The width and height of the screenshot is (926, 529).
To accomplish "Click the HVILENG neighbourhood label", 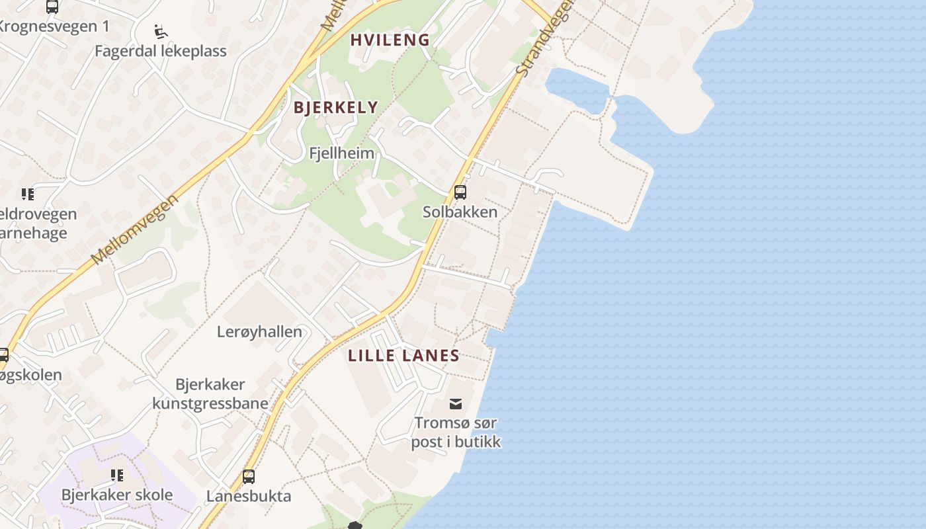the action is pyautogui.click(x=390, y=40).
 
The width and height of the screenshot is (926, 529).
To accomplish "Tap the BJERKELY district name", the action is pyautogui.click(x=335, y=107).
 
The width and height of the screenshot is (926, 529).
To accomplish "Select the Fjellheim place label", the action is pyautogui.click(x=341, y=153).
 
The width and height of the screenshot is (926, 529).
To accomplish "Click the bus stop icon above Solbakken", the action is pyautogui.click(x=460, y=192).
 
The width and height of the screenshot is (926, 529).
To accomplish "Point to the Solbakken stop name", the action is pyautogui.click(x=460, y=212).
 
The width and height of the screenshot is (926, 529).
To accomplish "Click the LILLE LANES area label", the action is pyautogui.click(x=403, y=355).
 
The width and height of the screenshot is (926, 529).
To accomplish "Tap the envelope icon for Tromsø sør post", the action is pyautogui.click(x=456, y=403).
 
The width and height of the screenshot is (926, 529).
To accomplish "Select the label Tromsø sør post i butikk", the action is pyautogui.click(x=456, y=432).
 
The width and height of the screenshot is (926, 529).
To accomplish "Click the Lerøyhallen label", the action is pyautogui.click(x=259, y=332).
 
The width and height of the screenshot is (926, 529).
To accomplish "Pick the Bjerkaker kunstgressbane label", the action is pyautogui.click(x=210, y=394).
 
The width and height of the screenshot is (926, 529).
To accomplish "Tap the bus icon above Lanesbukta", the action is pyautogui.click(x=249, y=476).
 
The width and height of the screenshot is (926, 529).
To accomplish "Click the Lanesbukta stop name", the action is pyautogui.click(x=249, y=496).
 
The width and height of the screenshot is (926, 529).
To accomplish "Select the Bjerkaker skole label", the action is pyautogui.click(x=117, y=495).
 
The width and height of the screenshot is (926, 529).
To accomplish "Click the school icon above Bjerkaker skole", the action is pyautogui.click(x=117, y=475).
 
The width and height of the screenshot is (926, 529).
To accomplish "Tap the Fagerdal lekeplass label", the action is pyautogui.click(x=160, y=51).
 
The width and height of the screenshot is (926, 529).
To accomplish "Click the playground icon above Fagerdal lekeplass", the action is pyautogui.click(x=161, y=31).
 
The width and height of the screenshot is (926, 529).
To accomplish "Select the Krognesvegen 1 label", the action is pyautogui.click(x=53, y=26).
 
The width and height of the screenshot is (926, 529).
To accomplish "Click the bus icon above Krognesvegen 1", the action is pyautogui.click(x=52, y=7).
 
